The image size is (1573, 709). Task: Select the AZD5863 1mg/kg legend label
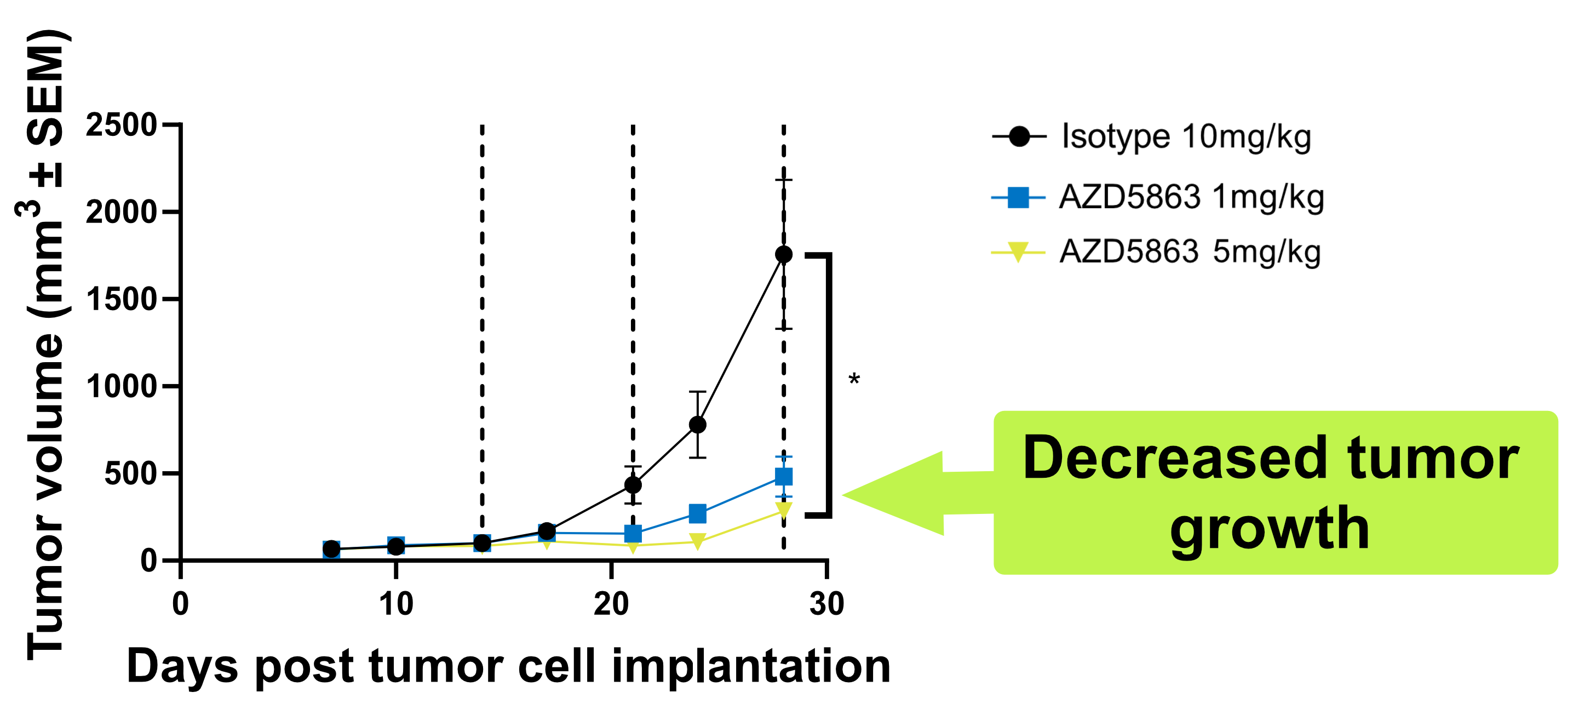(1191, 197)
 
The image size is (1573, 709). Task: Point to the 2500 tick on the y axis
(122, 125)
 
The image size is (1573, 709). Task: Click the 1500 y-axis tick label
(122, 299)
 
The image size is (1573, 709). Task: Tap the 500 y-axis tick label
(131, 473)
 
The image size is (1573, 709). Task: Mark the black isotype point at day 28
(783, 254)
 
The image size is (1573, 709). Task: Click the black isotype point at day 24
(697, 425)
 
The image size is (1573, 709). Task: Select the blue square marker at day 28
(783, 476)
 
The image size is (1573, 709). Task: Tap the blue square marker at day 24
(697, 513)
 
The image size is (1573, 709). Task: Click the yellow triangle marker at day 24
(697, 541)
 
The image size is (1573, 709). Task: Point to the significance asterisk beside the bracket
(854, 380)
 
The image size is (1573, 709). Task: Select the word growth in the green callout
(1270, 529)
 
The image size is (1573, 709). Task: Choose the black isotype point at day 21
(633, 485)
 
